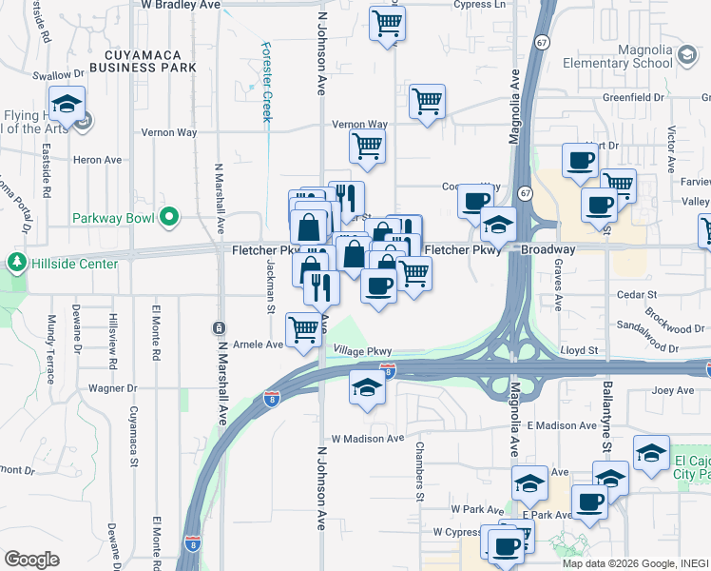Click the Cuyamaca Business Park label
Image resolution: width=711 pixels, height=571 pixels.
click(143, 60)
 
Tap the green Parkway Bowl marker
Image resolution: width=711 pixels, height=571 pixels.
click(170, 218)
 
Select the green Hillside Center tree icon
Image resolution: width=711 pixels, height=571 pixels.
click(16, 262)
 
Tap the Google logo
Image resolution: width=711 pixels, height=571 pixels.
click(31, 560)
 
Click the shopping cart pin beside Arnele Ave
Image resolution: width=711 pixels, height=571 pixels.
click(303, 330)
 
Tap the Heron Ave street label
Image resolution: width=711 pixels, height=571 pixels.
click(99, 160)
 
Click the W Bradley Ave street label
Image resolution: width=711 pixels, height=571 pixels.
click(181, 5)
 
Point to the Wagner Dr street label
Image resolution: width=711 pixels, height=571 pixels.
click(113, 388)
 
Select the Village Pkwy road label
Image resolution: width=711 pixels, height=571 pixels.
click(362, 352)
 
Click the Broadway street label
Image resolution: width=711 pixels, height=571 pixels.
click(547, 249)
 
